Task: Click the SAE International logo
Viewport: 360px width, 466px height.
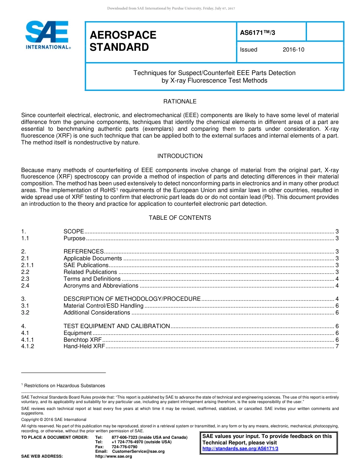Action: (x=47, y=34)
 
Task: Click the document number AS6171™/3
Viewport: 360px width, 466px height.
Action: (x=258, y=33)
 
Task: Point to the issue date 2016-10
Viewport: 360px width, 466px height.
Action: (x=293, y=50)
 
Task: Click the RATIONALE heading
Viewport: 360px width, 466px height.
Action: (x=180, y=102)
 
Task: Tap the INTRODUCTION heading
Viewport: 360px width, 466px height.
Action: (x=180, y=156)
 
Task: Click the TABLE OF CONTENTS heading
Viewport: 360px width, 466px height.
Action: (x=180, y=218)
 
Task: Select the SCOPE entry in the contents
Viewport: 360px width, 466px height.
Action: (x=74, y=231)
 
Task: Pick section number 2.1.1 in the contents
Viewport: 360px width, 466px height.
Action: (x=27, y=265)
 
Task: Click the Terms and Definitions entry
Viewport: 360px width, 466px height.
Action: (x=92, y=279)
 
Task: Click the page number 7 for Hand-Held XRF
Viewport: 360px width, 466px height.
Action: (x=337, y=346)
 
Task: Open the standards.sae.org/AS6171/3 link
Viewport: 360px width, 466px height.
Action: (x=240, y=449)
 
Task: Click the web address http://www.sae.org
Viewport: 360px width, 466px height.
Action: (x=114, y=456)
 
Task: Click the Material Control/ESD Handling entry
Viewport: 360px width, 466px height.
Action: (x=103, y=306)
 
